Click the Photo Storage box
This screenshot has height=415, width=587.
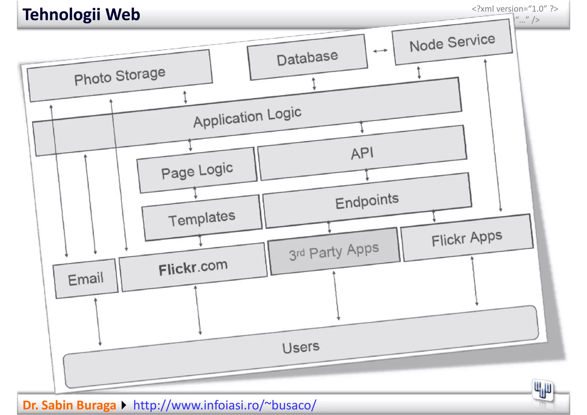coord(120,76)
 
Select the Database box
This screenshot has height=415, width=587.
coord(307,58)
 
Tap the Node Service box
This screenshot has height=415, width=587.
coord(452,42)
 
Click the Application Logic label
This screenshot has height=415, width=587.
coord(247,117)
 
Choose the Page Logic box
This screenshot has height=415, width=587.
coord(197,171)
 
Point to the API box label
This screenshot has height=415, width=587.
coord(362,153)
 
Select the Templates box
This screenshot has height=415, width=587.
coord(202,218)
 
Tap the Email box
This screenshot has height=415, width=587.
coord(86,279)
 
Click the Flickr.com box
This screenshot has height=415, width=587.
coord(193,267)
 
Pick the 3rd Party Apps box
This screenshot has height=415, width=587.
coord(334,252)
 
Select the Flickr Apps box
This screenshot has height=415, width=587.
coord(467,238)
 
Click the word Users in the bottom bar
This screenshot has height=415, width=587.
coord(301,347)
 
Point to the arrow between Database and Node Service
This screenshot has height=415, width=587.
coord(380,51)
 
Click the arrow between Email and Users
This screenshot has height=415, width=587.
coord(98,322)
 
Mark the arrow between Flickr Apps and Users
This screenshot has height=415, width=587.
coord(474,281)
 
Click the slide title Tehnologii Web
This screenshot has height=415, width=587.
coord(81,15)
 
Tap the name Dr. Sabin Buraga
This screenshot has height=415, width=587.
coord(69,405)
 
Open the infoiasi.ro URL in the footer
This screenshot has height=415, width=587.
coord(225,405)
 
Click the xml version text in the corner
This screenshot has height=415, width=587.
coord(515,9)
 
